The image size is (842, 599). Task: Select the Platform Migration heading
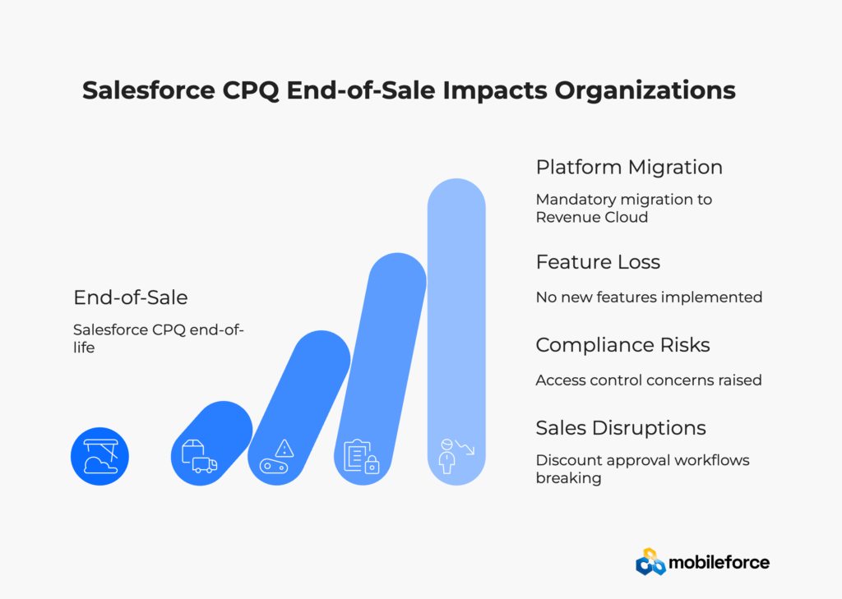click(629, 168)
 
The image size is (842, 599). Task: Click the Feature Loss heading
click(598, 262)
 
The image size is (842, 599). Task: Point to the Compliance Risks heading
click(622, 345)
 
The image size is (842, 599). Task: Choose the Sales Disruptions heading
click(621, 428)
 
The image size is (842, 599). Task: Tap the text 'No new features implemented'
click(649, 297)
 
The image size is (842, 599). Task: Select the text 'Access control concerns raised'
click(649, 380)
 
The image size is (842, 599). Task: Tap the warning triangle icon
click(285, 449)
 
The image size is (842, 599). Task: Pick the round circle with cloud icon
click(99, 456)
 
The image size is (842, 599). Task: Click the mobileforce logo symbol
click(650, 561)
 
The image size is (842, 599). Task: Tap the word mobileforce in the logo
click(720, 563)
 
